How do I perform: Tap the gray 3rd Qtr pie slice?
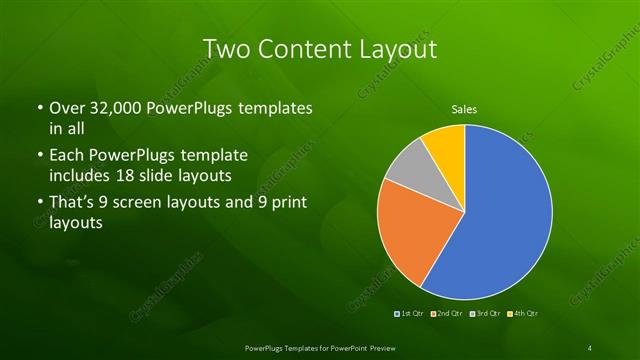406,170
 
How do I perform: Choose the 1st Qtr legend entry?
408,314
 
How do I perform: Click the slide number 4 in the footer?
590,347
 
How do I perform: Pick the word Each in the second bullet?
66,155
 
